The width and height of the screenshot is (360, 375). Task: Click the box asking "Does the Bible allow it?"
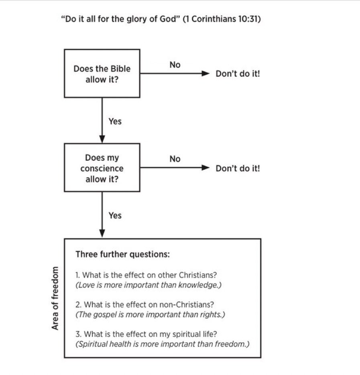(102, 73)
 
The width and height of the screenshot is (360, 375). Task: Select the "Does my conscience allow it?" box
(102, 168)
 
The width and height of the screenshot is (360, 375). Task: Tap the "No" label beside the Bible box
(175, 65)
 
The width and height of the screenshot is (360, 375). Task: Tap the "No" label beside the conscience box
(175, 159)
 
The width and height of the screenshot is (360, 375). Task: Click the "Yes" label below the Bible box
(115, 121)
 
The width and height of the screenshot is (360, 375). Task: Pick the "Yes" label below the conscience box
(115, 216)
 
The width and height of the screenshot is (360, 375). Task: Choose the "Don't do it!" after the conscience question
(238, 168)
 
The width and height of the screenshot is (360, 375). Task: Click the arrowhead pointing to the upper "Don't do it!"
(205, 74)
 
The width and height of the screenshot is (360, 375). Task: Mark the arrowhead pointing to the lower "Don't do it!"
(205, 168)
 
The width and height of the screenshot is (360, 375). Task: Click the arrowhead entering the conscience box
(102, 140)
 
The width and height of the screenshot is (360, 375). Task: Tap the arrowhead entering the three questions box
(102, 234)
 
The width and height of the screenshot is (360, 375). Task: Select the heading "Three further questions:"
(122, 255)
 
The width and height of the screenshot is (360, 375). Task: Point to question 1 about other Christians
(146, 275)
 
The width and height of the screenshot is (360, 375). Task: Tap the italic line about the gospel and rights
(150, 314)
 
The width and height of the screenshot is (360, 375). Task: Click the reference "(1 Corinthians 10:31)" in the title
(222, 19)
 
